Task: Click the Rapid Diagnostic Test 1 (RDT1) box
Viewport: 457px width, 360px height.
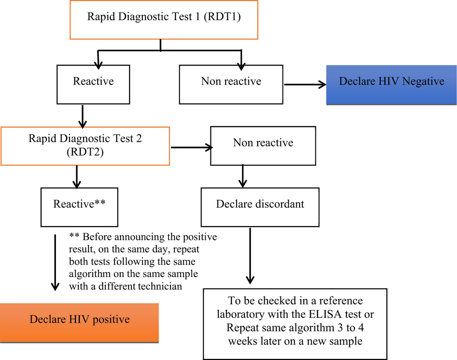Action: [x=164, y=19]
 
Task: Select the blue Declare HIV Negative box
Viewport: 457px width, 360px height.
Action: [x=391, y=81]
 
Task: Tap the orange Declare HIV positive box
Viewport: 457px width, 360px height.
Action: [x=80, y=319]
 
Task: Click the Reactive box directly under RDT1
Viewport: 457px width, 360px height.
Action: [x=93, y=81]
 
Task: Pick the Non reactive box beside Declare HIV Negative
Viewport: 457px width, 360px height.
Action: [x=231, y=81]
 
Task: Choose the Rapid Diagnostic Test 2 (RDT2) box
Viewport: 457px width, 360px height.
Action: [x=85, y=146]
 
